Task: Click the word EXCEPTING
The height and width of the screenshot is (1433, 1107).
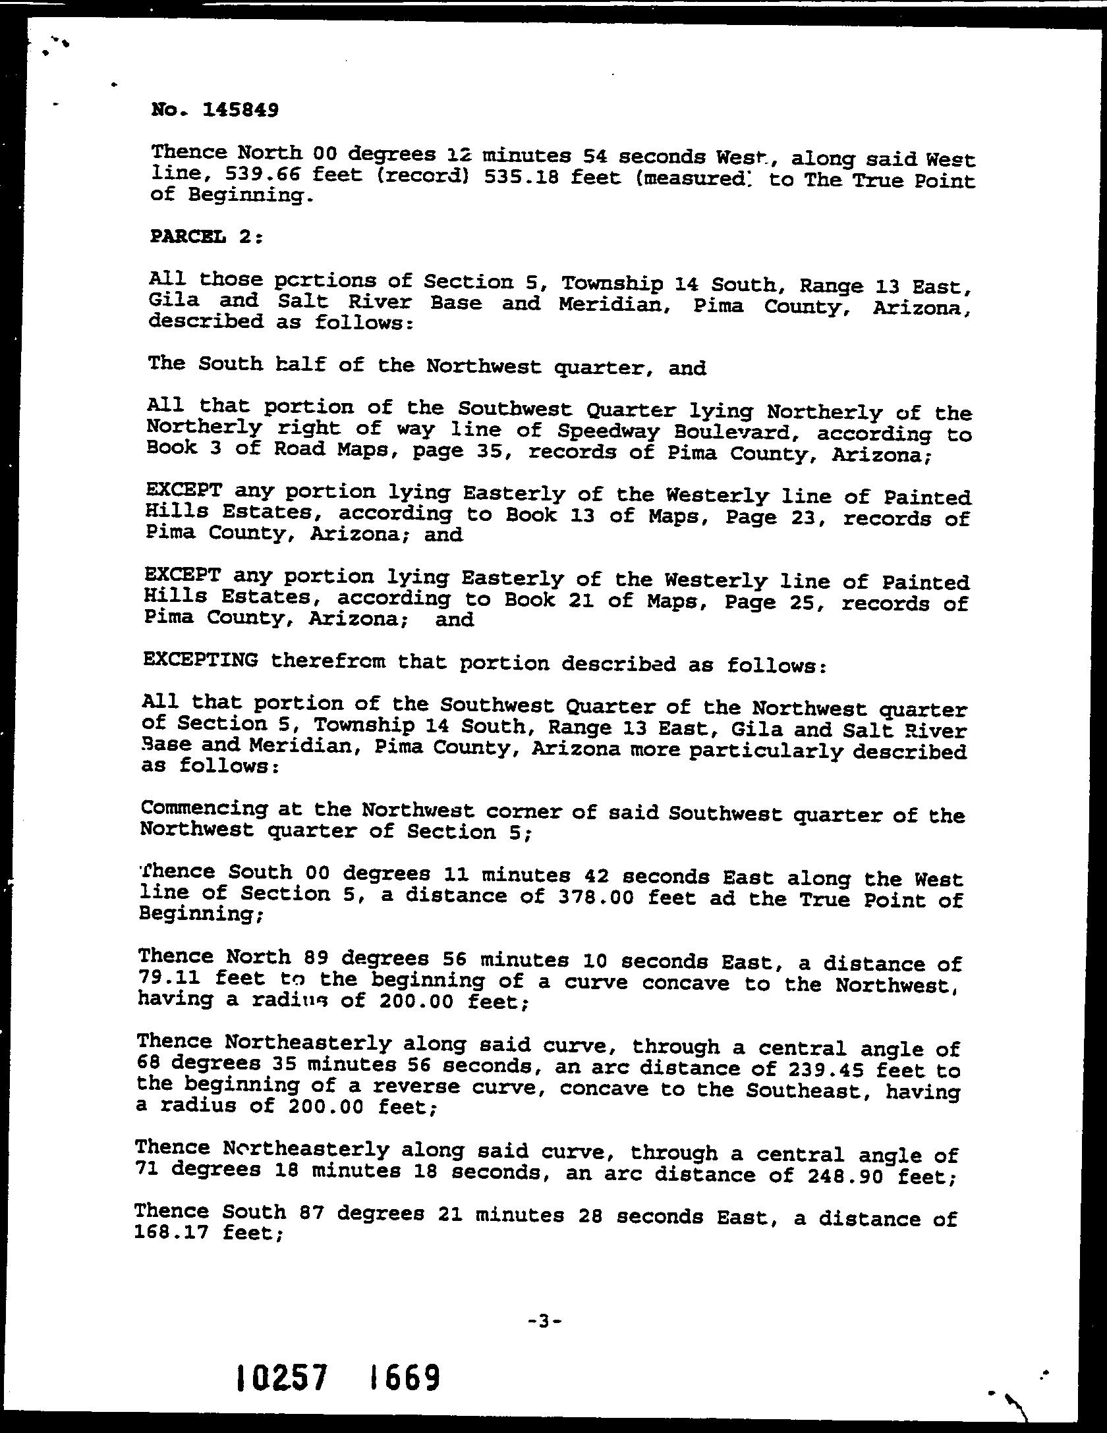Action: click(200, 660)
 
